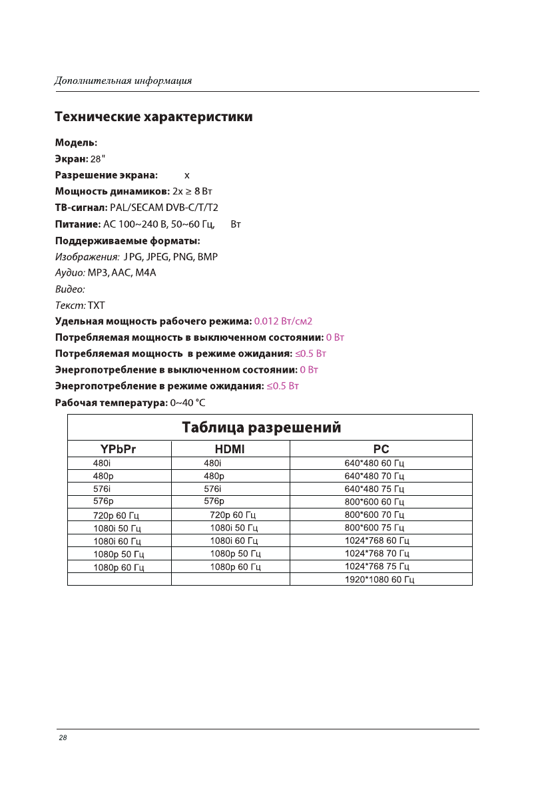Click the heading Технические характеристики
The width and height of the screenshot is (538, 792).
pyautogui.click(x=153, y=117)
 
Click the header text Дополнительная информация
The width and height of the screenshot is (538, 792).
pyautogui.click(x=123, y=81)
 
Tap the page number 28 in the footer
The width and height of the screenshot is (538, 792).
pyautogui.click(x=63, y=737)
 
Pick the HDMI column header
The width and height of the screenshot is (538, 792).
pyautogui.click(x=230, y=449)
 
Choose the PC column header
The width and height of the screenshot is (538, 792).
pyautogui.click(x=381, y=449)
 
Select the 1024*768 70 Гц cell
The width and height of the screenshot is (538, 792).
pyautogui.click(x=377, y=553)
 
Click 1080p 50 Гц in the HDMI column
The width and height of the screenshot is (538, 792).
pyautogui.click(x=235, y=554)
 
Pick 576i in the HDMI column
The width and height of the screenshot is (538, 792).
pyautogui.click(x=212, y=489)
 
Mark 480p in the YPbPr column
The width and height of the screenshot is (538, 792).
pyautogui.click(x=103, y=476)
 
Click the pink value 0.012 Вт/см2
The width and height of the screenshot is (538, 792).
pyautogui.click(x=284, y=321)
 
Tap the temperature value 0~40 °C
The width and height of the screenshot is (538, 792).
pyautogui.click(x=188, y=403)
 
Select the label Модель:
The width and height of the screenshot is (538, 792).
pyautogui.click(x=76, y=142)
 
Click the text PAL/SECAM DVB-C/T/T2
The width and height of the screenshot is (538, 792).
pyautogui.click(x=164, y=208)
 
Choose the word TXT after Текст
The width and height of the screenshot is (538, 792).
pyautogui.click(x=97, y=305)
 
